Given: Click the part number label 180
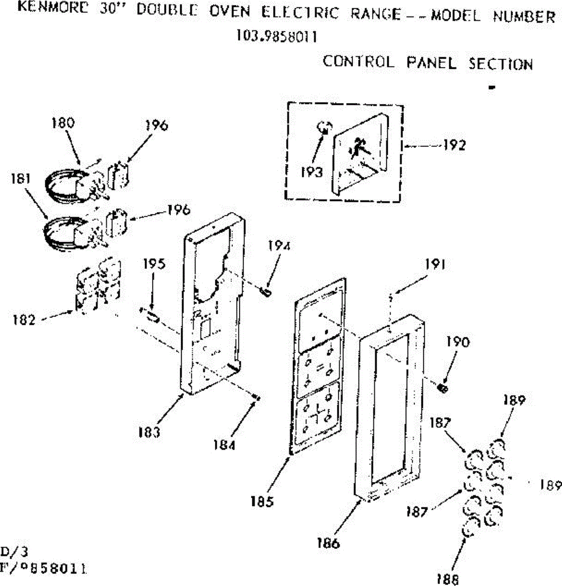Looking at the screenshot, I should pyautogui.click(x=63, y=123).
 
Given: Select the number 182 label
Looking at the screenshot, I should pyautogui.click(x=24, y=320).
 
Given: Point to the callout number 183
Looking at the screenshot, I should pyautogui.click(x=148, y=432).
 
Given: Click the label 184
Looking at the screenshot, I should pyautogui.click(x=224, y=445).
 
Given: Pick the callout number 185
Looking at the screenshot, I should pyautogui.click(x=263, y=501).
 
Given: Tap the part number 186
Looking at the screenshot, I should pyautogui.click(x=328, y=543).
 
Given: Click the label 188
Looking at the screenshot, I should pyautogui.click(x=448, y=579).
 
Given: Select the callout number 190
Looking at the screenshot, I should pyautogui.click(x=458, y=342).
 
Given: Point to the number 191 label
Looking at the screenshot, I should pyautogui.click(x=434, y=265).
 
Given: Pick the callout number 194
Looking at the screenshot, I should pyautogui.click(x=279, y=246).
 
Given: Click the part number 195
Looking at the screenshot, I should pyautogui.click(x=154, y=264).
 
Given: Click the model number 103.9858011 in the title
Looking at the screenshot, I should pyautogui.click(x=276, y=37).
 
